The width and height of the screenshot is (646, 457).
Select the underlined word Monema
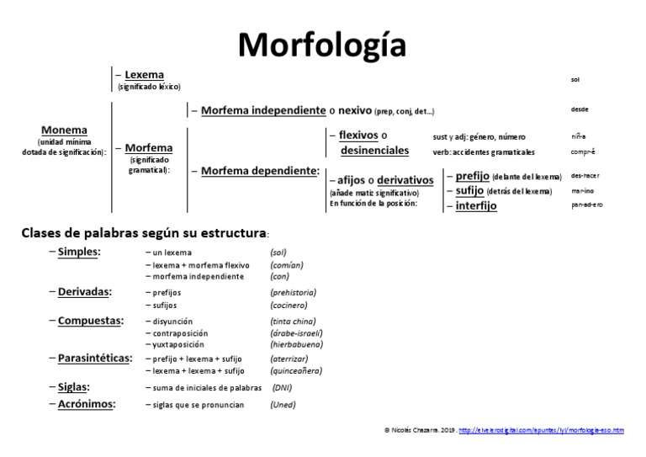coord(64,130)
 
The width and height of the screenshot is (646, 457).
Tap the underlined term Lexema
coord(144,75)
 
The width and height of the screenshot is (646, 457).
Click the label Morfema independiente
coord(263,110)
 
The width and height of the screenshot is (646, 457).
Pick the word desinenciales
coord(374,151)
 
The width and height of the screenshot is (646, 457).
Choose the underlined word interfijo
coord(476,205)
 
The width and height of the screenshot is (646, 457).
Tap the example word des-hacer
coord(585,177)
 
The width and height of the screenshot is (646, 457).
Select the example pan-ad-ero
coord(587,205)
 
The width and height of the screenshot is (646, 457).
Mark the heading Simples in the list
coord(78,252)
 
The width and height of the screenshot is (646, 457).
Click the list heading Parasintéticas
coord(95,359)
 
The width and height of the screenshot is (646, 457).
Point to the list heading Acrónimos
coord(87,404)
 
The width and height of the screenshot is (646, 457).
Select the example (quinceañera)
coord(296,370)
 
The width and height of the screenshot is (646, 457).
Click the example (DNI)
coord(283,388)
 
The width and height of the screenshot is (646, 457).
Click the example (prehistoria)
coord(293,292)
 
